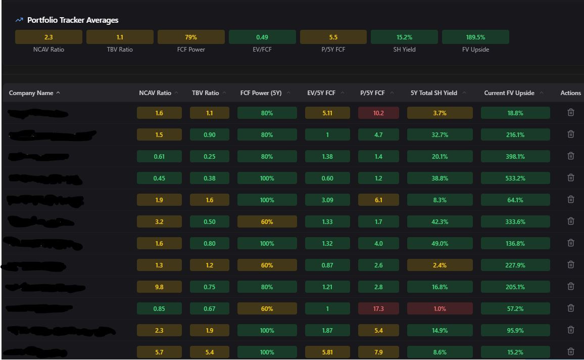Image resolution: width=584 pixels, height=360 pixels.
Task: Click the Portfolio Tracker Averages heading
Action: point(73,20)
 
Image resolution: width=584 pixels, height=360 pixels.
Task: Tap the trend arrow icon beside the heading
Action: point(19,20)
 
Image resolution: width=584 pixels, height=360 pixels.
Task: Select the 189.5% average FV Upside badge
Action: point(475,37)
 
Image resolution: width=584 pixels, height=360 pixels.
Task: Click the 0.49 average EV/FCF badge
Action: point(262,37)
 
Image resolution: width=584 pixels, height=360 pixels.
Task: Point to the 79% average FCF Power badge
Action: point(191,37)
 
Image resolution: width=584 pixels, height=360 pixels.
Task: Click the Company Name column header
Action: point(31,93)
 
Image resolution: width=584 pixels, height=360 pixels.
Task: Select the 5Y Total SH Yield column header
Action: point(434,93)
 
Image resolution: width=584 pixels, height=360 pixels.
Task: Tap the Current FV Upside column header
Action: point(509,93)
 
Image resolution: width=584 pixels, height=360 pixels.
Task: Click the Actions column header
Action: point(570,93)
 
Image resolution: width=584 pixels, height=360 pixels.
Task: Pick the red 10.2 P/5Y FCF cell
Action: point(378,113)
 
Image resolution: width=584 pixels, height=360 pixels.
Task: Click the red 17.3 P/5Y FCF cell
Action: point(378,309)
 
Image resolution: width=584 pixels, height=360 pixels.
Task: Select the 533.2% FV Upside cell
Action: point(515,178)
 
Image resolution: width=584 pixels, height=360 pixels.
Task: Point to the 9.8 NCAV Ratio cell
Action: point(159,287)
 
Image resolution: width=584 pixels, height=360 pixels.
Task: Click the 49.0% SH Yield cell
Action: point(440,244)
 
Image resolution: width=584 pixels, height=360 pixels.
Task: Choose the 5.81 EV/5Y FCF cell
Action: point(327,352)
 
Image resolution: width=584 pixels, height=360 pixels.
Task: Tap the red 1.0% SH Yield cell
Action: point(440,309)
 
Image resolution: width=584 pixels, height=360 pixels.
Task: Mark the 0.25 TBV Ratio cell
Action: point(210,157)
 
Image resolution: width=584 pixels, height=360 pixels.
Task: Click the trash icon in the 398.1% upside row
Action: point(571,156)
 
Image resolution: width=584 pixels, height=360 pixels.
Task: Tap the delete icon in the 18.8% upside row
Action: point(571,113)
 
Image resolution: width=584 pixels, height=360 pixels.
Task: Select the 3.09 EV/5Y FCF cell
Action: point(327,200)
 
